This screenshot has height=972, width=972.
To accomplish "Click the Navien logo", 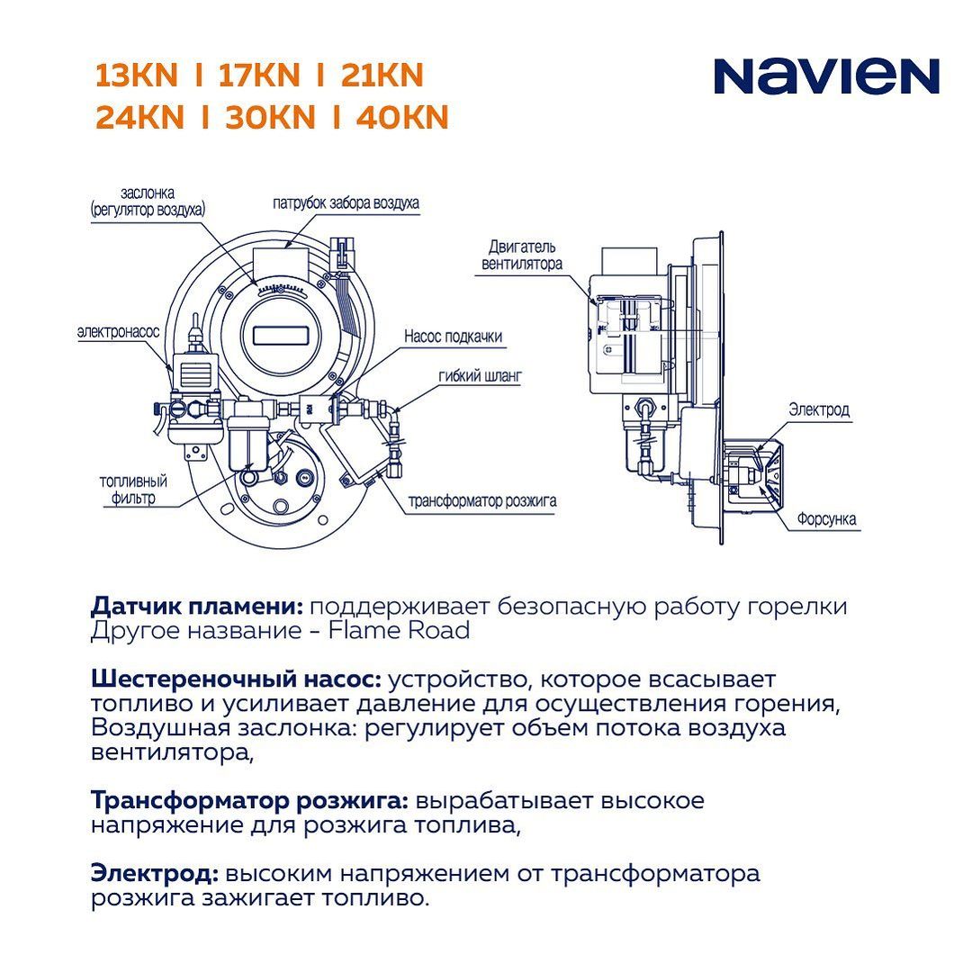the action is tap(826, 76).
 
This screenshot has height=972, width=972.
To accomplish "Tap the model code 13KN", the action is tap(137, 75).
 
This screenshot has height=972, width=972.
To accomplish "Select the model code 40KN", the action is tap(401, 117).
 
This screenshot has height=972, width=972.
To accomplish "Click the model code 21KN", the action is tap(382, 75).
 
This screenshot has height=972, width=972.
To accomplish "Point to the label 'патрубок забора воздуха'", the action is tap(346, 202).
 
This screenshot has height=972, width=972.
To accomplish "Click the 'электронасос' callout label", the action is tap(119, 331).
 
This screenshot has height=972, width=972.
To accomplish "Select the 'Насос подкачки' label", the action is tap(453, 337).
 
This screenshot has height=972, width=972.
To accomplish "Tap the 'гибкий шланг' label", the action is tap(481, 375).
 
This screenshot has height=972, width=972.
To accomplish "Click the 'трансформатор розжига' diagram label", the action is tap(482, 501).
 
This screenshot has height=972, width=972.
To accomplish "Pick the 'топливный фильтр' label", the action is tap(133, 490).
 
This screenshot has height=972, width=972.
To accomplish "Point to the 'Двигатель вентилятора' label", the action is tap(522, 256).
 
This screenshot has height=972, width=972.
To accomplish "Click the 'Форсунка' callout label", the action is tap(827, 519).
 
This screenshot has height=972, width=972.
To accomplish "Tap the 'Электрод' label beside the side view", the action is tap(819, 409).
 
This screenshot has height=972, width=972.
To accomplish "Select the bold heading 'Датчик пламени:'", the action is tap(197, 607).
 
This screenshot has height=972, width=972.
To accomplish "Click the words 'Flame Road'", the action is tap(399, 630).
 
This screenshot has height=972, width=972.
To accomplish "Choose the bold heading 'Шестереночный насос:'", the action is tap(236, 679).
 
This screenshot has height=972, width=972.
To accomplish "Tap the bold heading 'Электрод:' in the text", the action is tap(155, 873).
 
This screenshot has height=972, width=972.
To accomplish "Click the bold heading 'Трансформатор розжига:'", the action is tap(250, 801).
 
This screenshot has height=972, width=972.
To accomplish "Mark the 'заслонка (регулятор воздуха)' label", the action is tap(148, 202).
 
